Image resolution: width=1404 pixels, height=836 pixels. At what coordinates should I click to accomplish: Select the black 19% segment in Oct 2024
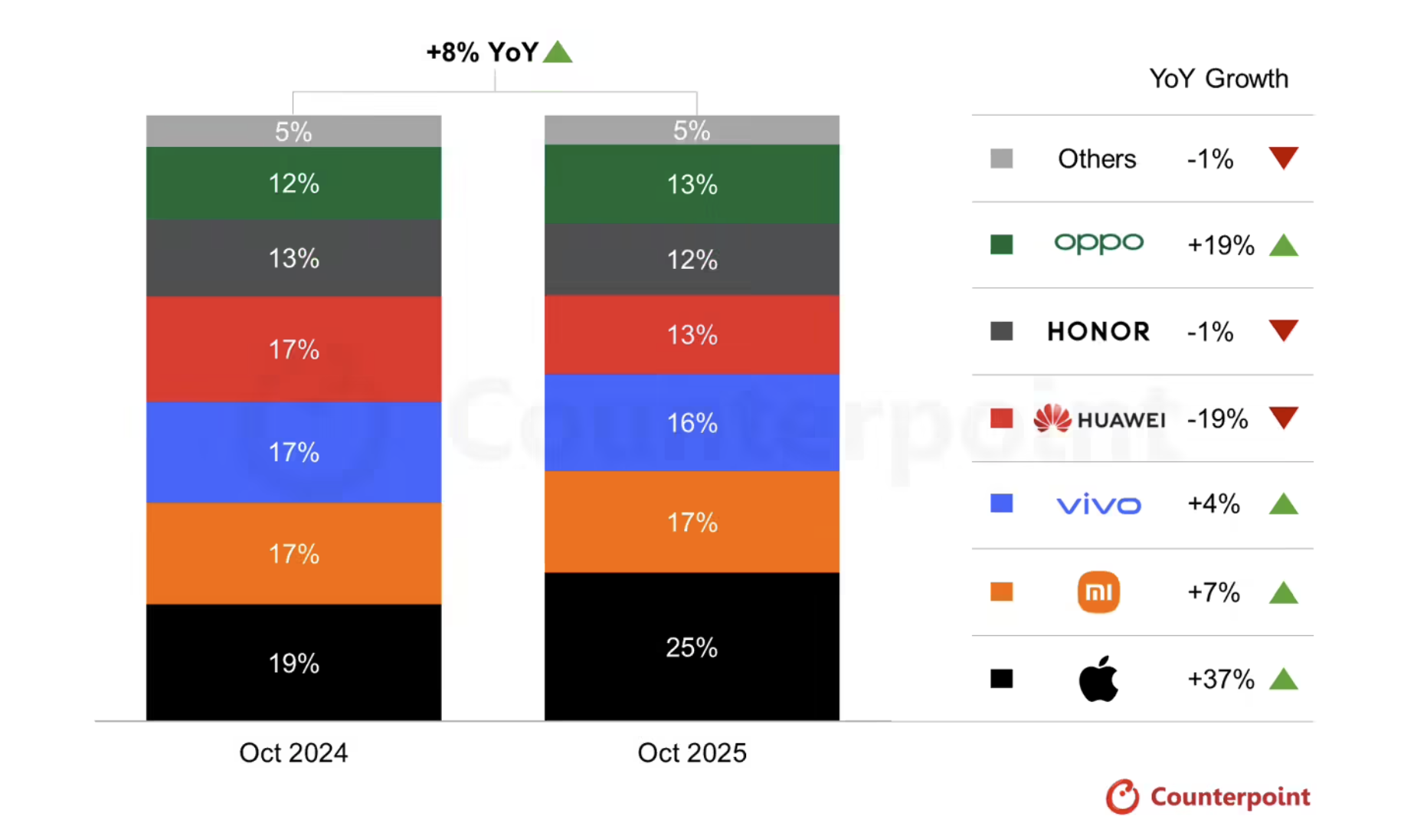[293, 662]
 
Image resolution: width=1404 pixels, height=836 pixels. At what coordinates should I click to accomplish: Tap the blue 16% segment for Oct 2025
[691, 422]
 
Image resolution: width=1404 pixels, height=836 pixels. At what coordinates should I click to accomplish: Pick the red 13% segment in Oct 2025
[691, 334]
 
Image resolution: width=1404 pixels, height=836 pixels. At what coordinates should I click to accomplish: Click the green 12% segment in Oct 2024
[293, 183]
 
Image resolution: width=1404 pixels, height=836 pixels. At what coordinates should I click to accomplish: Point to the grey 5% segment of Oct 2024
[293, 132]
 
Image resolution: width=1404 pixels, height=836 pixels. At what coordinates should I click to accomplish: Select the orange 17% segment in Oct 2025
[691, 522]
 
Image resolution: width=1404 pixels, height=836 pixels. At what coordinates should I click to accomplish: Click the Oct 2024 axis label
[293, 752]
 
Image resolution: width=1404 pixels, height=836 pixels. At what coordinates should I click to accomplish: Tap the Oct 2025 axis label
[691, 752]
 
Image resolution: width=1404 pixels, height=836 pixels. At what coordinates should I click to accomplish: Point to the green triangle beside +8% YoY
[558, 52]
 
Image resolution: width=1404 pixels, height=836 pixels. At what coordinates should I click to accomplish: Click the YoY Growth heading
[1218, 78]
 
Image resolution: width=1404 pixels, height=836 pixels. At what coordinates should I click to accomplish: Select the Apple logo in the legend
[1098, 679]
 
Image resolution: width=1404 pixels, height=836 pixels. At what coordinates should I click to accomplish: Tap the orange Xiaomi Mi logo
[1098, 592]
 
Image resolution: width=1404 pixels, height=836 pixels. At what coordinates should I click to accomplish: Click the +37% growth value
[1220, 679]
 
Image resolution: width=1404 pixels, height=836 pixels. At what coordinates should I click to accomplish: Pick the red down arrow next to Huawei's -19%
[1283, 417]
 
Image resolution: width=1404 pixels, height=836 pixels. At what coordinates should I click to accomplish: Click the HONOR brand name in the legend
[1098, 331]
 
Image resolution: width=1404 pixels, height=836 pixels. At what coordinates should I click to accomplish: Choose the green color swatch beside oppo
[1001, 244]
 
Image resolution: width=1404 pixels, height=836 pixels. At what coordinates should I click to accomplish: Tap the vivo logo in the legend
[1098, 504]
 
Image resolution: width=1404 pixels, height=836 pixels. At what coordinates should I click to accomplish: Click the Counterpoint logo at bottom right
[1208, 797]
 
